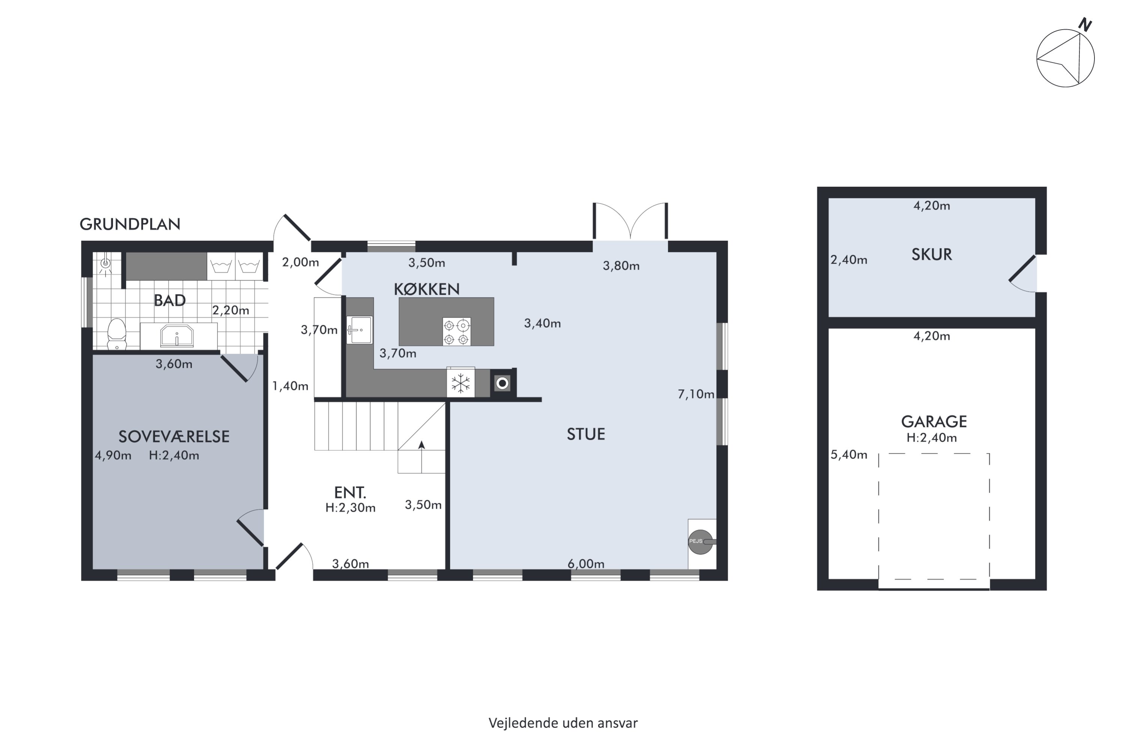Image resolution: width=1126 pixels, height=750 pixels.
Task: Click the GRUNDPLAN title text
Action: click(x=130, y=224)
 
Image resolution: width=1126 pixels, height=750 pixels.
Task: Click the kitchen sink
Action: click(x=360, y=330)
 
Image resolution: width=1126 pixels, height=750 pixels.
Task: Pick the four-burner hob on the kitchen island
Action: click(x=457, y=331)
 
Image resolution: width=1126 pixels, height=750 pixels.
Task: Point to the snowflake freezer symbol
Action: click(x=461, y=383)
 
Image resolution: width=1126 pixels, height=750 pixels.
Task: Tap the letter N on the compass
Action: click(x=1085, y=25)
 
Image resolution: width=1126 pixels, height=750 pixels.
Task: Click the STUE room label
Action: click(x=586, y=434)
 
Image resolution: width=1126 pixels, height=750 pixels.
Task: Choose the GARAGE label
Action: click(x=934, y=421)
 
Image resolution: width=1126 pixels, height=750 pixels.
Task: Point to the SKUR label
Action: click(x=932, y=255)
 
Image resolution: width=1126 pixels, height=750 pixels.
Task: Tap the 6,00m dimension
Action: click(x=586, y=564)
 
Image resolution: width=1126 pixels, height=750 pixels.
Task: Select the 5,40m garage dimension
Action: click(x=849, y=454)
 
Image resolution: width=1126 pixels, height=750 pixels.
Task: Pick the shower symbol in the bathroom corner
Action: click(x=105, y=264)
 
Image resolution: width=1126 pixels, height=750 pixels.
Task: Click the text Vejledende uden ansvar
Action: click(x=563, y=723)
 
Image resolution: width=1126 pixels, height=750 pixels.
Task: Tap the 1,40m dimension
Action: click(x=290, y=386)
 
